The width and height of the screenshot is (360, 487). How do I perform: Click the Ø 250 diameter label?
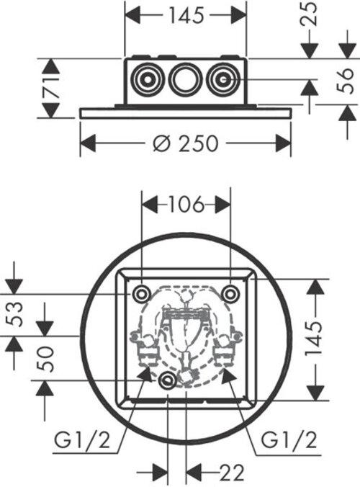click(186, 143)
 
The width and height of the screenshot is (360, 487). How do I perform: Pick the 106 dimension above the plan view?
click(186, 205)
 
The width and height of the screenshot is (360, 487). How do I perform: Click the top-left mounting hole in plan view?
click(141, 293)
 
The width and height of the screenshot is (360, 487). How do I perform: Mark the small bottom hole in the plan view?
click(168, 381)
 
